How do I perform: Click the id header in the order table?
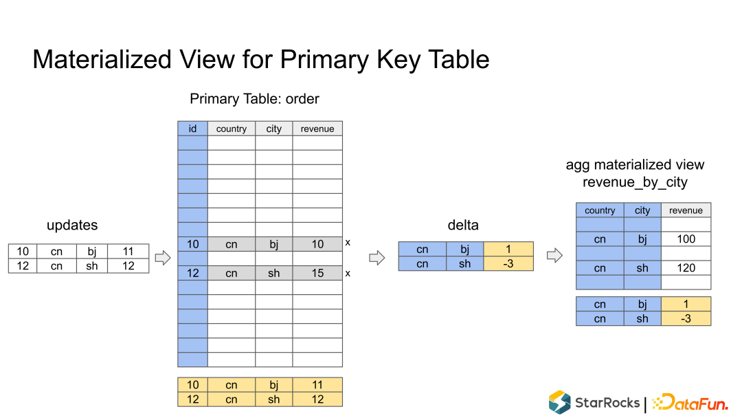pos(192,129)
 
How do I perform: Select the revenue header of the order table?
pos(317,129)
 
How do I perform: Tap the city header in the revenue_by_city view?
pos(642,210)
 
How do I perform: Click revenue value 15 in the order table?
pos(317,273)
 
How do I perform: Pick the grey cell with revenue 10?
pos(317,244)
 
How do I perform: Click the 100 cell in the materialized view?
pos(686,239)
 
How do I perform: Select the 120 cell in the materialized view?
pos(686,268)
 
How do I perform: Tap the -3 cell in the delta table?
pos(508,264)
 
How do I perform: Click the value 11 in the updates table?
pos(128,252)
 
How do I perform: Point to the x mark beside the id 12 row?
pos(348,274)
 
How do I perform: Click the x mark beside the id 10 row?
pos(348,243)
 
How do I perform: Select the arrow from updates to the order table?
pos(163,258)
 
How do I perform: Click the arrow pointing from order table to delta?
pos(377,258)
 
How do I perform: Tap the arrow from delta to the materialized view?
pos(554,256)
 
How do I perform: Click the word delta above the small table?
pos(463,225)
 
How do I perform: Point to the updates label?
pos(72,225)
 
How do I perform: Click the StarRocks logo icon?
pos(560,402)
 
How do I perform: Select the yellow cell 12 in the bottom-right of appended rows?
pos(317,399)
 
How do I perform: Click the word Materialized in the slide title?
pos(102,60)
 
